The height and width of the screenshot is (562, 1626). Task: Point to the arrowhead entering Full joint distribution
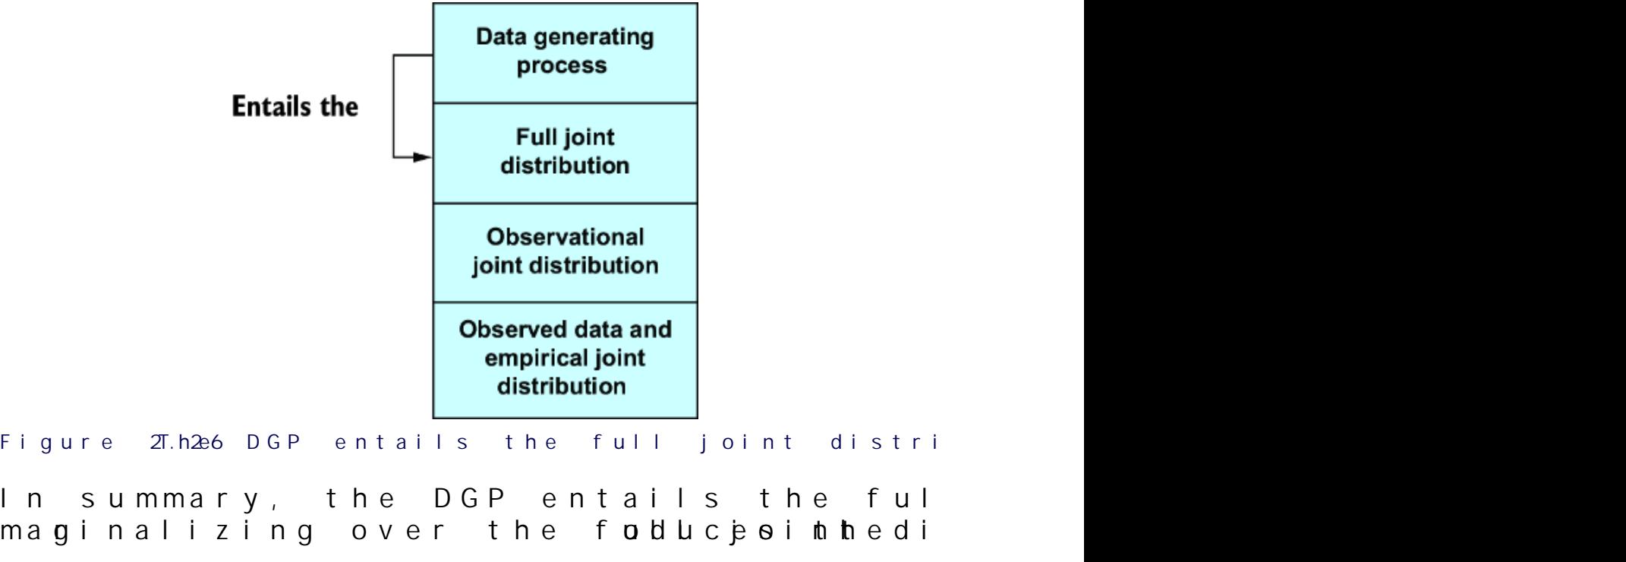point(423,158)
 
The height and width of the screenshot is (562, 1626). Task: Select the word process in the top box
point(562,65)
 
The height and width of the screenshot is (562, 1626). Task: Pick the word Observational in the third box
point(565,237)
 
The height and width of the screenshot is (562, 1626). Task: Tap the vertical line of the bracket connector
point(393,106)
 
